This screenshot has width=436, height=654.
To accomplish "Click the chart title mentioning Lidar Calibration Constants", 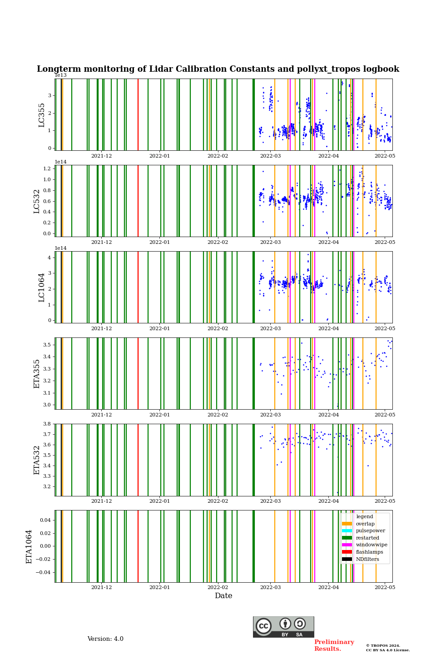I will pos(218,69).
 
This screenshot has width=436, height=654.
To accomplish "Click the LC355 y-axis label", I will pos(42,115).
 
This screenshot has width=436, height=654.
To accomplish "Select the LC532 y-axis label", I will pos(37,201).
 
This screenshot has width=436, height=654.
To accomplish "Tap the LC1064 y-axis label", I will pos(42,287).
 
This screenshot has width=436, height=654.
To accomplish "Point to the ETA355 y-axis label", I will pos(37,374).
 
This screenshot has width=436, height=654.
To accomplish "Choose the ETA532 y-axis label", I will pos(37,460).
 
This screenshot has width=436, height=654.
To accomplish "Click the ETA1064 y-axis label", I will pos(29,546).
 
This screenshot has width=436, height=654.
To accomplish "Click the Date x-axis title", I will pos(223,596).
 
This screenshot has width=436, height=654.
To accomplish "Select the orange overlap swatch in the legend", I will pos(347,524).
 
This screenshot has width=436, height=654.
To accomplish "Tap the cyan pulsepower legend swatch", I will pos(347,530).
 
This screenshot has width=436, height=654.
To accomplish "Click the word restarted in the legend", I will pos(367,538).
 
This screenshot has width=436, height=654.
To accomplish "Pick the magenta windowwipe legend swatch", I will pos(347,545).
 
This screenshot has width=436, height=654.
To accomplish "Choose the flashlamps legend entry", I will pos(369,552).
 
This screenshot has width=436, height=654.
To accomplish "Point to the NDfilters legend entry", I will pos(367,559).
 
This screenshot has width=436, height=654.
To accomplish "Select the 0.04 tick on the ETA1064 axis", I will pos(45,520).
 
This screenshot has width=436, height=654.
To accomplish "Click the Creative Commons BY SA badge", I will pos(283,627).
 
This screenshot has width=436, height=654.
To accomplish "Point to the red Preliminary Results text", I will pos(334,645).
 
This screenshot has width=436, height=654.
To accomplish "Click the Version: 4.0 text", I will pos(105,639).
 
